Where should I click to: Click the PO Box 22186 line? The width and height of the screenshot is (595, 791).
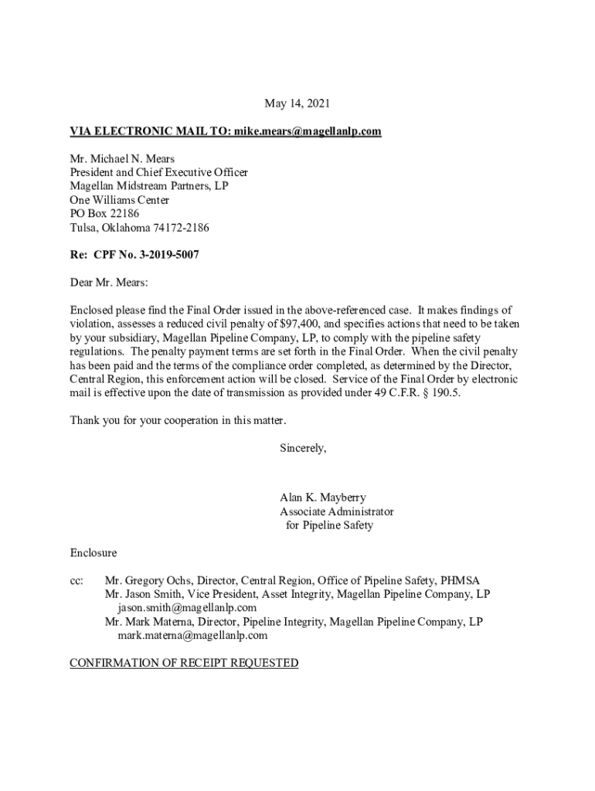(x=105, y=214)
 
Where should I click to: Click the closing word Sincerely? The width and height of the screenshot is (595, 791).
(x=303, y=448)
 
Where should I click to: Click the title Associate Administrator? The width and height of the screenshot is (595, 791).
(x=336, y=511)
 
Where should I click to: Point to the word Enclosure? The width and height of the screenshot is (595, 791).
(x=93, y=553)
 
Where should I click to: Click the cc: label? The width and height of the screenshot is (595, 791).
(x=77, y=581)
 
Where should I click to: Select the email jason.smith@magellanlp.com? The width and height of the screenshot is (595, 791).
(x=187, y=608)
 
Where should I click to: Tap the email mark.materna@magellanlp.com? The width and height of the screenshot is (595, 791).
(x=192, y=636)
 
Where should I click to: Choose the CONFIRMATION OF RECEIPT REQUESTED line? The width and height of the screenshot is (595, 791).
(x=184, y=664)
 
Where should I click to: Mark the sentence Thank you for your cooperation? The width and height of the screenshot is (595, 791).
(x=178, y=421)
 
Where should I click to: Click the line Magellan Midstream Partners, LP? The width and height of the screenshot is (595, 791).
(x=149, y=186)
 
